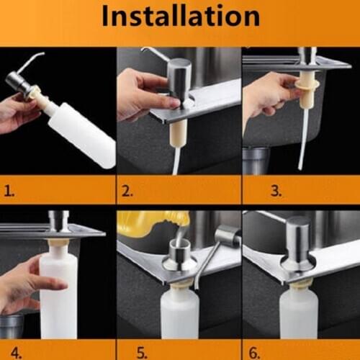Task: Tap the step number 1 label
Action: (11, 192)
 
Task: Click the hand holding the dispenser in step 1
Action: (18, 115)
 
